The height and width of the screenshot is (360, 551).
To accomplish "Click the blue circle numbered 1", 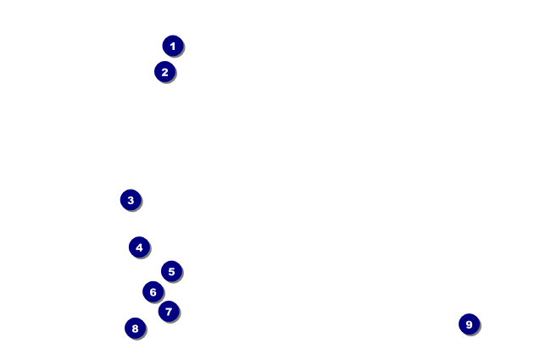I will pos(173,46).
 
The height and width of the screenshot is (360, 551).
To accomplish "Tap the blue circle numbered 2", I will pos(164,72).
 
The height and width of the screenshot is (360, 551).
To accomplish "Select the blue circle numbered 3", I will pos(130,200).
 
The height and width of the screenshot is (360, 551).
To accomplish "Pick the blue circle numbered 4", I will pos(139,247).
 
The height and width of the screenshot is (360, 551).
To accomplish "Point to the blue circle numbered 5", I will pos(171,271).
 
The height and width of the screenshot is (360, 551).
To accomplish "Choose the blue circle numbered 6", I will pos(153,291).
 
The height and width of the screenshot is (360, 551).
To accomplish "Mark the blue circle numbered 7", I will pos(169,311).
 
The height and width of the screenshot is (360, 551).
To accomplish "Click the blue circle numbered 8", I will pos(135,328).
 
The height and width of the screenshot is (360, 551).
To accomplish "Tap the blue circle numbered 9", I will pos(469,324).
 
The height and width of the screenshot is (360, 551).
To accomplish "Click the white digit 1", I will pos(173,46).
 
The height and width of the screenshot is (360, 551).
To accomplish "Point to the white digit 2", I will pos(164,72).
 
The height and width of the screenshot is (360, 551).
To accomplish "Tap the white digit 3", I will pos(130,200).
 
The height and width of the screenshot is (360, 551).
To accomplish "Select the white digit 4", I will pos(139,247).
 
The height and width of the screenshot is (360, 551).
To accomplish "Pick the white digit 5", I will pos(171,271).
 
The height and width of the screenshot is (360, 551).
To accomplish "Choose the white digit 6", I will pos(153,291).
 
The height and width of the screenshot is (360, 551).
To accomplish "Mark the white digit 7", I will pos(169,311).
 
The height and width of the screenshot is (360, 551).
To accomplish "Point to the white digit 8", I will pos(135,328).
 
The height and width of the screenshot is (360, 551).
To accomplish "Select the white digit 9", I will pos(469,324).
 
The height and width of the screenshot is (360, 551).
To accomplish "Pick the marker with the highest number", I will pos(469,324).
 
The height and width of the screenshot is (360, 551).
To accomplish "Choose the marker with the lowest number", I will pos(173,46).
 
